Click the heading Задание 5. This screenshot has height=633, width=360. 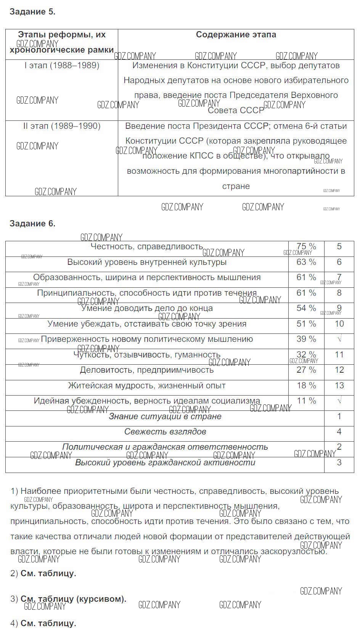point(32,12)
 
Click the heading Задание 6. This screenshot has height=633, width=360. point(32,224)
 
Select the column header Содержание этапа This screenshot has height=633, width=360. point(236,35)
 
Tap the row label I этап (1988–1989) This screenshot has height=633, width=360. point(62,66)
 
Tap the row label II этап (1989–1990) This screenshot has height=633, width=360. point(62,126)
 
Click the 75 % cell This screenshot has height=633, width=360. point(306,247)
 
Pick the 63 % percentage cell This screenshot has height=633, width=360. point(306,262)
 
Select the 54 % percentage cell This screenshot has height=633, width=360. point(306,308)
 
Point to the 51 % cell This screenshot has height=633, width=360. point(306,324)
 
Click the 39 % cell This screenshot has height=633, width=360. point(306,339)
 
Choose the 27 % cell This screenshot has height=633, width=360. point(306,370)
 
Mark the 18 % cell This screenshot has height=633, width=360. point(306,386)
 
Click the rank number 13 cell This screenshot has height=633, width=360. point(339,386)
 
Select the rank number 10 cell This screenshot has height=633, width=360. point(339,324)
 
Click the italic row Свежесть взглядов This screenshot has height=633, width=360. point(165,432)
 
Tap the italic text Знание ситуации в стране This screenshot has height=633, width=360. point(165,417)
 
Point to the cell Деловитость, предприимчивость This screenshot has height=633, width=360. point(147,370)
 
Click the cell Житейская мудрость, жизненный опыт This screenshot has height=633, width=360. point(147,386)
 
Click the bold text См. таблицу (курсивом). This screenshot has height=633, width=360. point(73,599)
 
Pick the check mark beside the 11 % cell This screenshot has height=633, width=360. point(339,401)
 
